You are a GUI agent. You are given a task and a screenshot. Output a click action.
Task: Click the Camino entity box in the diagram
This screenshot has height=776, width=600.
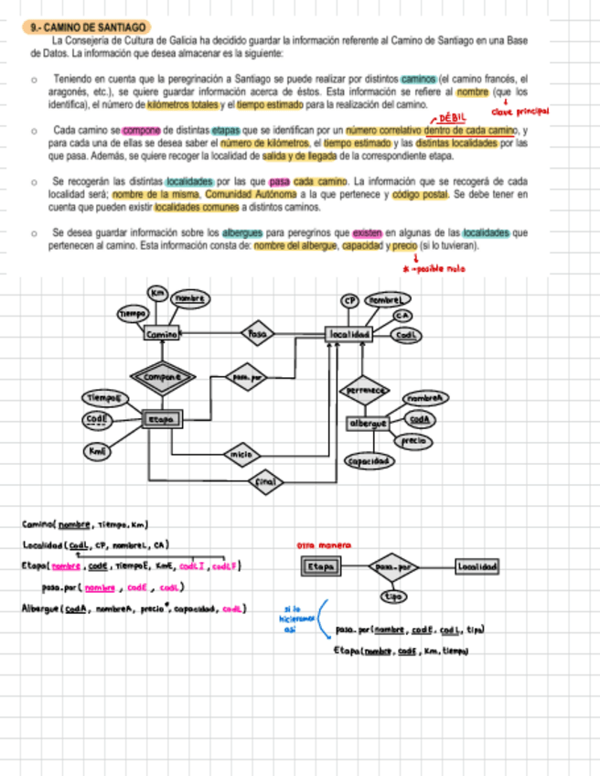[161, 335]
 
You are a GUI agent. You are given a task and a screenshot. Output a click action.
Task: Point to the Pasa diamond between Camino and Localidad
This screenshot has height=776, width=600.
[257, 335]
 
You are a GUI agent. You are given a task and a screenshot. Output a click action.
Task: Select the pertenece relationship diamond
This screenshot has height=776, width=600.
[364, 390]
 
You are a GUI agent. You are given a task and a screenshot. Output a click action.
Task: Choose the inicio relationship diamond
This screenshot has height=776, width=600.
[241, 454]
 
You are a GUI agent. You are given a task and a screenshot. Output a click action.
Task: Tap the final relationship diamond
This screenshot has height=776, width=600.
[265, 480]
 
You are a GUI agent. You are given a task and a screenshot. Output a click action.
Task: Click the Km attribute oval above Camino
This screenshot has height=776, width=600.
[158, 293]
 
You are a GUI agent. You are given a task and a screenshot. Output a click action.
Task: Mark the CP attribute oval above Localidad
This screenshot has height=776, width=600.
[349, 300]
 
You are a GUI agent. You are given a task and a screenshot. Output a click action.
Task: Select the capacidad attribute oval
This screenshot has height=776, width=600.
[369, 461]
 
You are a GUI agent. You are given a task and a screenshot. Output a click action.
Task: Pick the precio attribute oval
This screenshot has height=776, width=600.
[415, 441]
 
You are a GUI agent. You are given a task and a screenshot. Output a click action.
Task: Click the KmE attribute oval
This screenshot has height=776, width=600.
[96, 450]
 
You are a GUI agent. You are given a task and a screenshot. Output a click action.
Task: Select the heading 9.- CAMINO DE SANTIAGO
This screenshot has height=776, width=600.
[88, 28]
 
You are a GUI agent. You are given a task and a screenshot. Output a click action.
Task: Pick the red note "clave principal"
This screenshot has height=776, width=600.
[519, 112]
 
